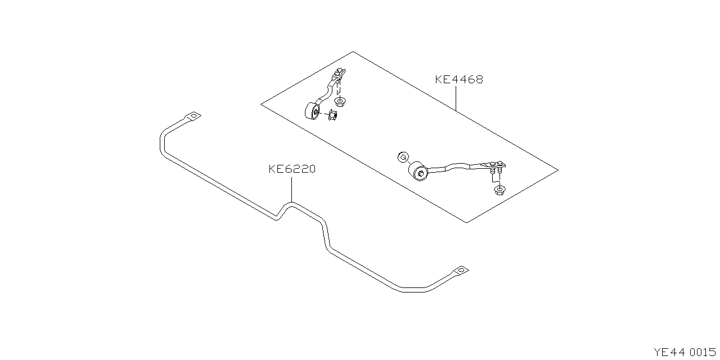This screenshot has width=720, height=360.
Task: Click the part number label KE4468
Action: (458, 79)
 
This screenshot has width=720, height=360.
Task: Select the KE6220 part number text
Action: (291, 168)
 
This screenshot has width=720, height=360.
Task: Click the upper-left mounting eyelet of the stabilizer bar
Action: (193, 116)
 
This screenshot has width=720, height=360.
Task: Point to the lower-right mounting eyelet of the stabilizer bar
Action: (461, 271)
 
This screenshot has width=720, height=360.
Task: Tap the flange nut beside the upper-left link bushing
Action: (332, 118)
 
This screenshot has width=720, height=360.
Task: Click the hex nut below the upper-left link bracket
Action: (339, 102)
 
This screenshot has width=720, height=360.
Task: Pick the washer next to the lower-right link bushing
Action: (402, 156)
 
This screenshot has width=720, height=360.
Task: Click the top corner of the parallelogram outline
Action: (353, 52)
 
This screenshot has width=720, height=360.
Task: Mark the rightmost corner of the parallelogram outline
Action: (558, 169)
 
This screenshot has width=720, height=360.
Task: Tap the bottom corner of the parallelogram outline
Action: (467, 222)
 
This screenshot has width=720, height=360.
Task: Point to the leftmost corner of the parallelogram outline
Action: (261, 104)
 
